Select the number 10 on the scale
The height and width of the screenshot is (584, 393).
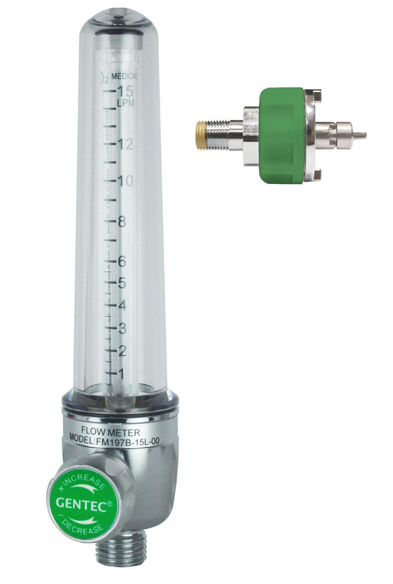coord(126,181)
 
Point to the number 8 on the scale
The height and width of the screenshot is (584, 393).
coord(122,222)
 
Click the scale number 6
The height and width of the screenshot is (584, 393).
coord(122,262)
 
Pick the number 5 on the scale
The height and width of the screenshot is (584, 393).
coord(122,283)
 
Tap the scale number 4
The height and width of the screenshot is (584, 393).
coord(122,305)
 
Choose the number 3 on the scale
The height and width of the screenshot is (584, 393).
coord(122,328)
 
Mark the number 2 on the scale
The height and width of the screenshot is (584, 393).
coord(122,351)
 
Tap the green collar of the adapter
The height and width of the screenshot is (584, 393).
coord(283,135)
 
